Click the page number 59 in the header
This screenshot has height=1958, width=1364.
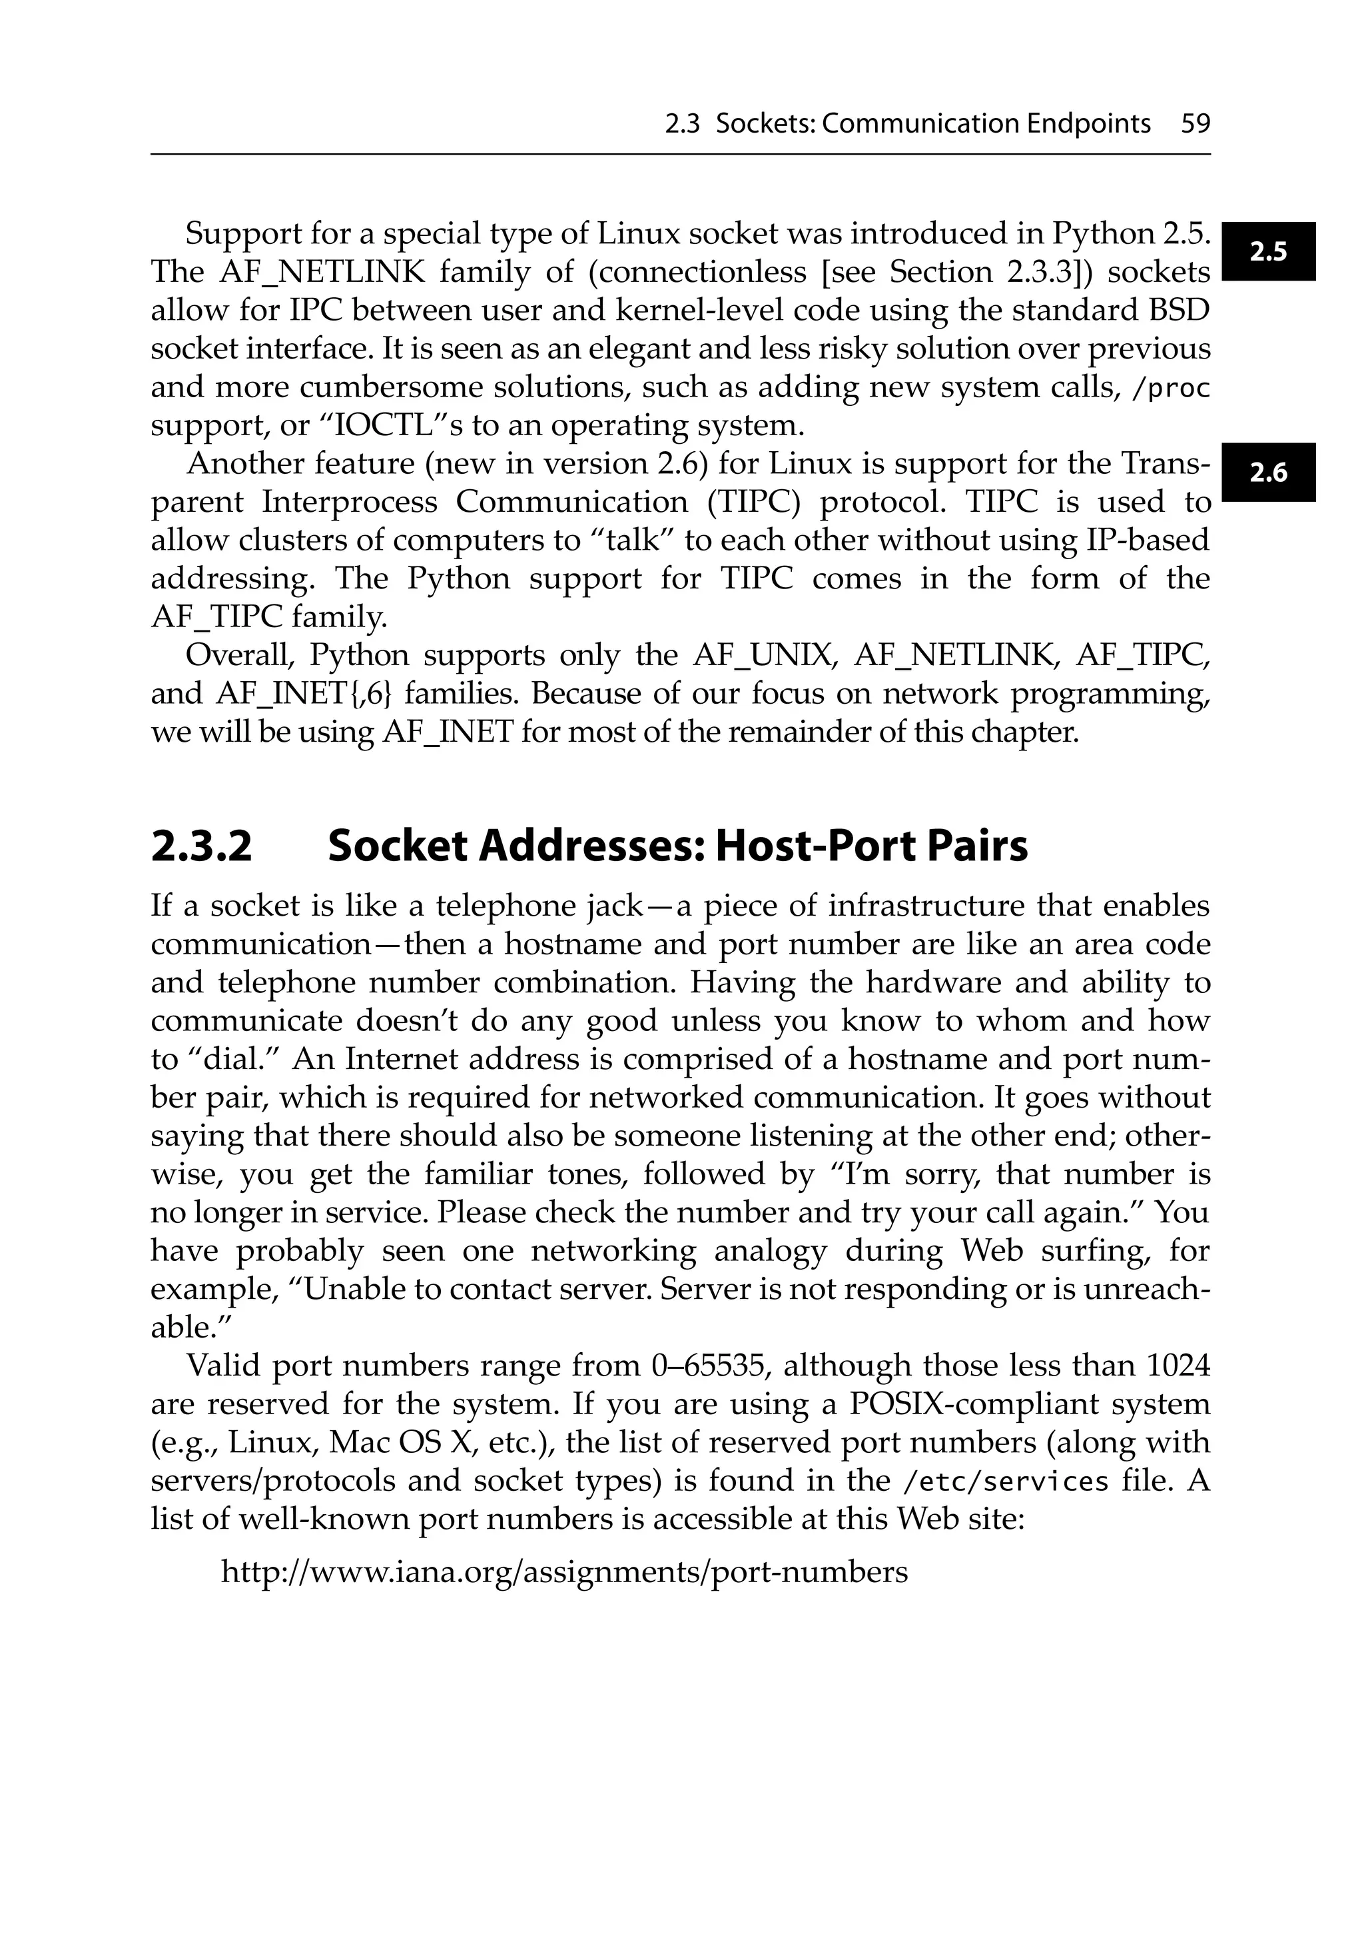[x=1195, y=125]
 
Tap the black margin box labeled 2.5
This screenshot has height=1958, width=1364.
[x=1267, y=251]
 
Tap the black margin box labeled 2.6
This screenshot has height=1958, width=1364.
[x=1267, y=473]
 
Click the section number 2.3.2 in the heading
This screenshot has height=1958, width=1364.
[x=202, y=847]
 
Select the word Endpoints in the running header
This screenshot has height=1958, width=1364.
[x=1088, y=125]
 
